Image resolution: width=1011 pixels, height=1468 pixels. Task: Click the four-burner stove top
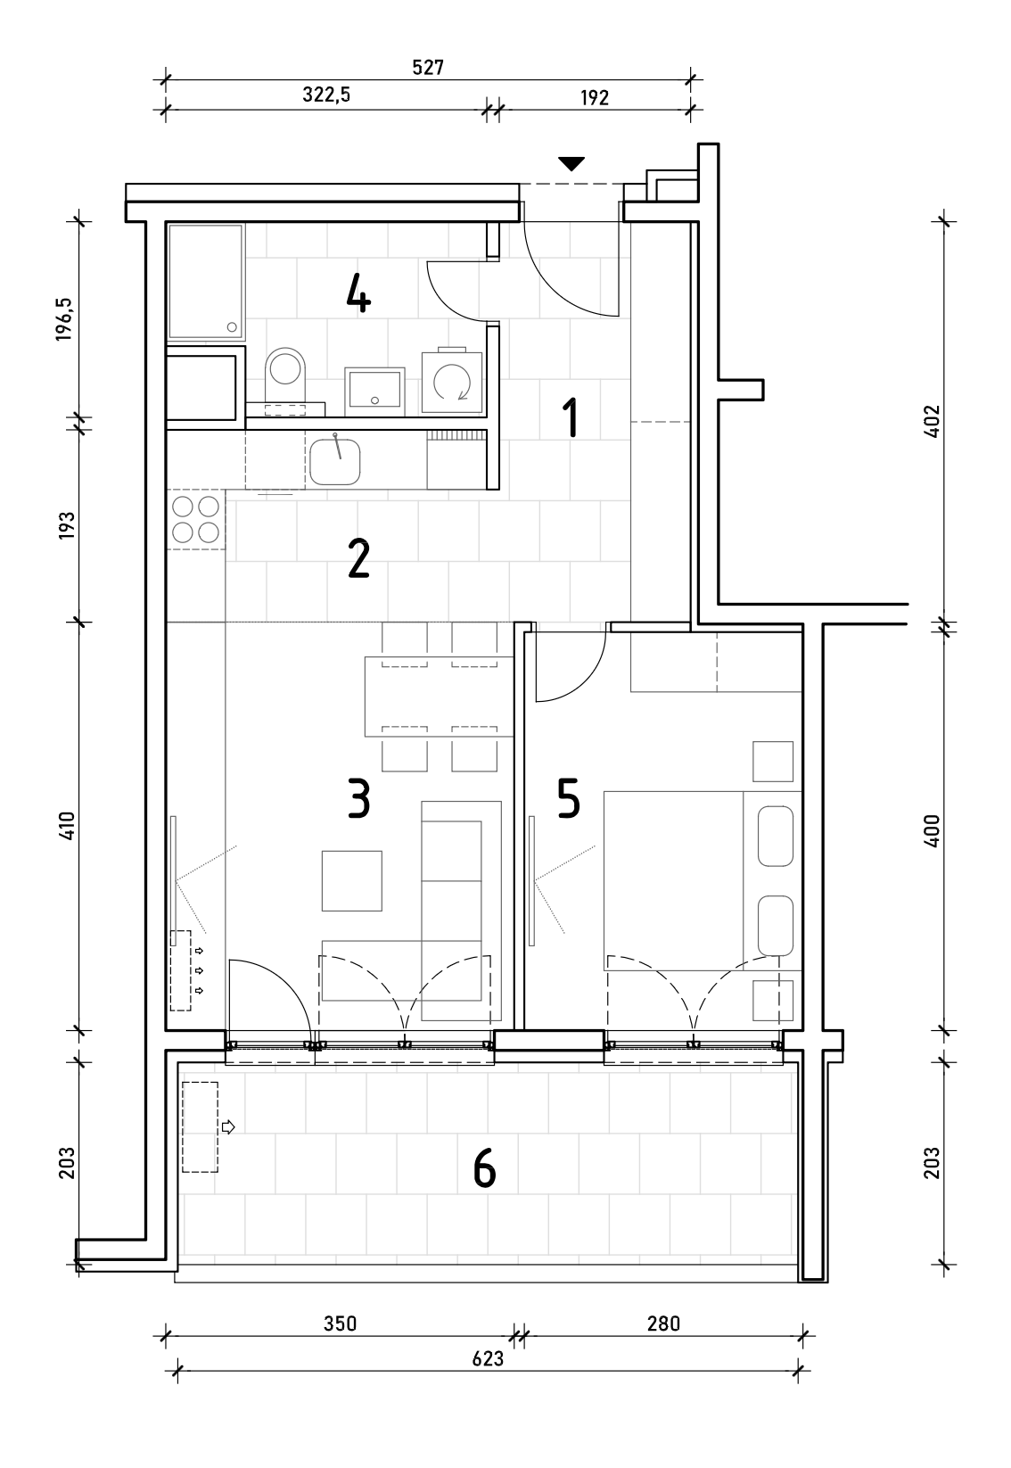click(195, 519)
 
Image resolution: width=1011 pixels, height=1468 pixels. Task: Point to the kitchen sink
click(335, 460)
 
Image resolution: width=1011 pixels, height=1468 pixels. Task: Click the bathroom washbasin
click(374, 392)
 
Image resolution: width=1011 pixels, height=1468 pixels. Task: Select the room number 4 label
click(358, 293)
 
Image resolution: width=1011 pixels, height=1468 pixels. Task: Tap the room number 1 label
click(571, 417)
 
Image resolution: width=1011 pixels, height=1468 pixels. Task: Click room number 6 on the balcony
click(484, 1167)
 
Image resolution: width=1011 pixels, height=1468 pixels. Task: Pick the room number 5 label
click(568, 799)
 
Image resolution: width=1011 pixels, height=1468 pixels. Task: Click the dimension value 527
click(428, 68)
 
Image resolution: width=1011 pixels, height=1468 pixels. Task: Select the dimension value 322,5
click(326, 95)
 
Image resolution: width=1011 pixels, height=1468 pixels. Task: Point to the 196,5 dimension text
click(63, 319)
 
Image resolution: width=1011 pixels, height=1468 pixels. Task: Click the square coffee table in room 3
click(352, 881)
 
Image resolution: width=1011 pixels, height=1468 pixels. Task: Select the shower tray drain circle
click(231, 326)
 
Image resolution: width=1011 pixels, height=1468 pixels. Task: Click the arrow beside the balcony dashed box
click(228, 1126)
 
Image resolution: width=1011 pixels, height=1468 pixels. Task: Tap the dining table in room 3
click(439, 696)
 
